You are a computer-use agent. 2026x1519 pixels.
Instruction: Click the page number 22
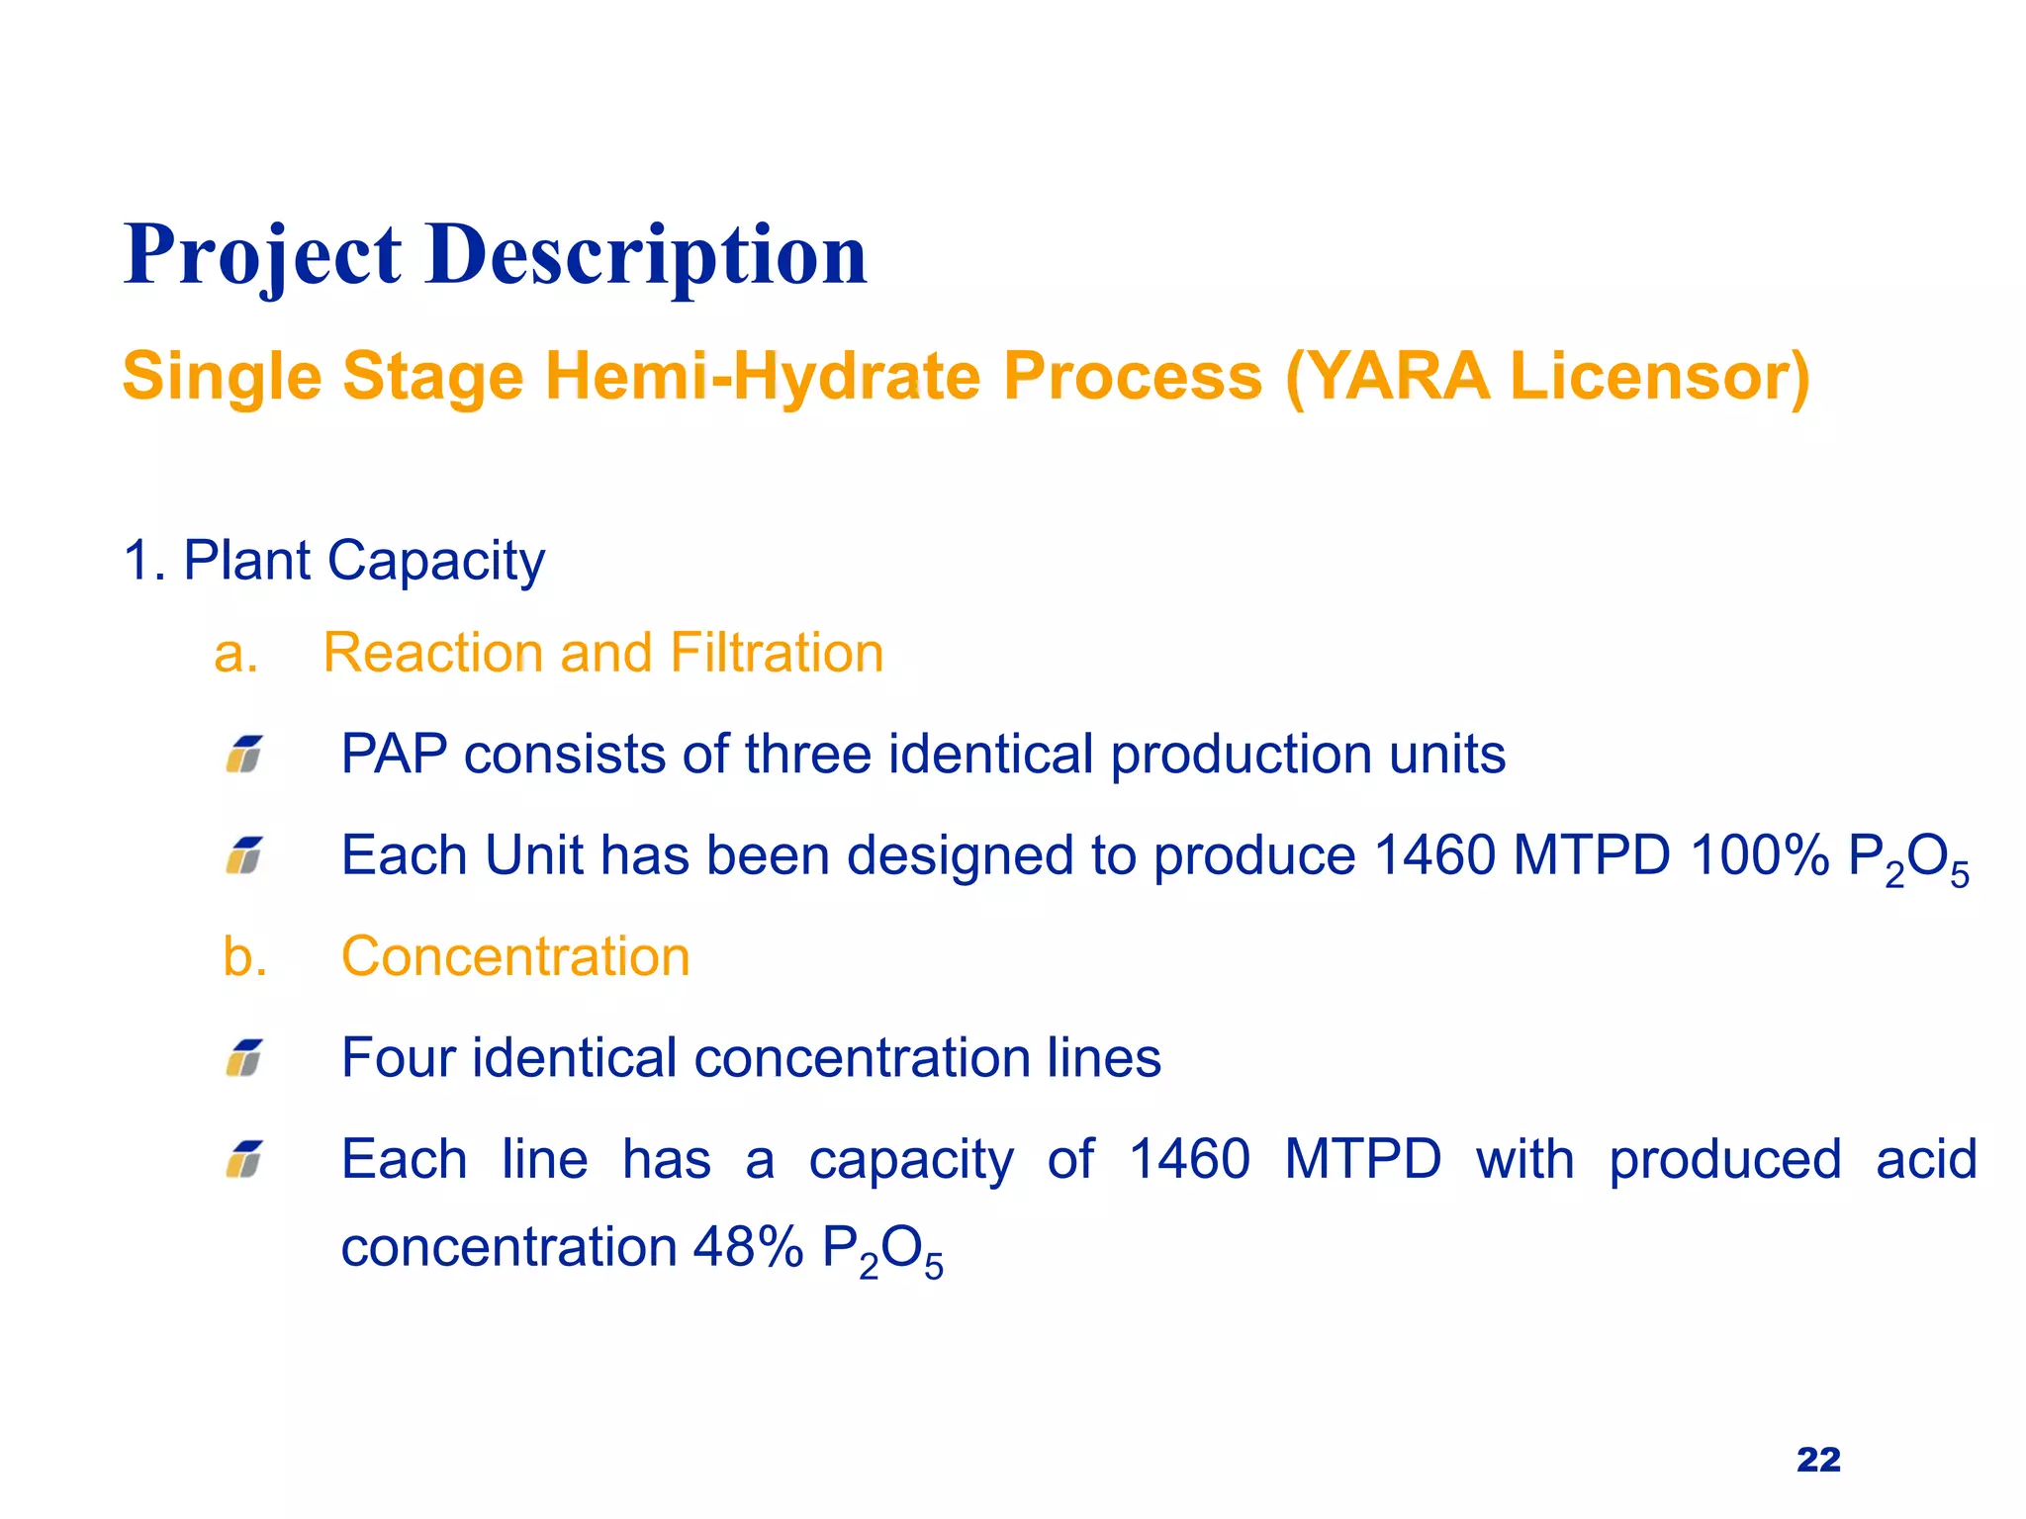[x=1818, y=1460]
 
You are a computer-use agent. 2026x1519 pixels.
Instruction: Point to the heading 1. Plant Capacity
[x=334, y=561]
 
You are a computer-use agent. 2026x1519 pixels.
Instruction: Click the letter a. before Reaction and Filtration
[x=236, y=654]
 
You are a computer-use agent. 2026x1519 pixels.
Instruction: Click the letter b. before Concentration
[x=244, y=957]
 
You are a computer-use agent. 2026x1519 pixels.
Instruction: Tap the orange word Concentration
[x=515, y=957]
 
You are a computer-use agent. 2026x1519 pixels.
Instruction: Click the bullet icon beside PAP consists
[x=244, y=755]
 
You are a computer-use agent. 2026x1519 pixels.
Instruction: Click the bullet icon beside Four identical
[x=244, y=1058]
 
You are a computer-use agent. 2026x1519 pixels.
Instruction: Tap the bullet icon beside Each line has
[x=244, y=1159]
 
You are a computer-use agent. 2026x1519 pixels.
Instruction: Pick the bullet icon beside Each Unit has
[x=244, y=855]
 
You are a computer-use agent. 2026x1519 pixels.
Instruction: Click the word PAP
[x=393, y=755]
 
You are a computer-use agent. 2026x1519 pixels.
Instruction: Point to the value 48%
[x=748, y=1247]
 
